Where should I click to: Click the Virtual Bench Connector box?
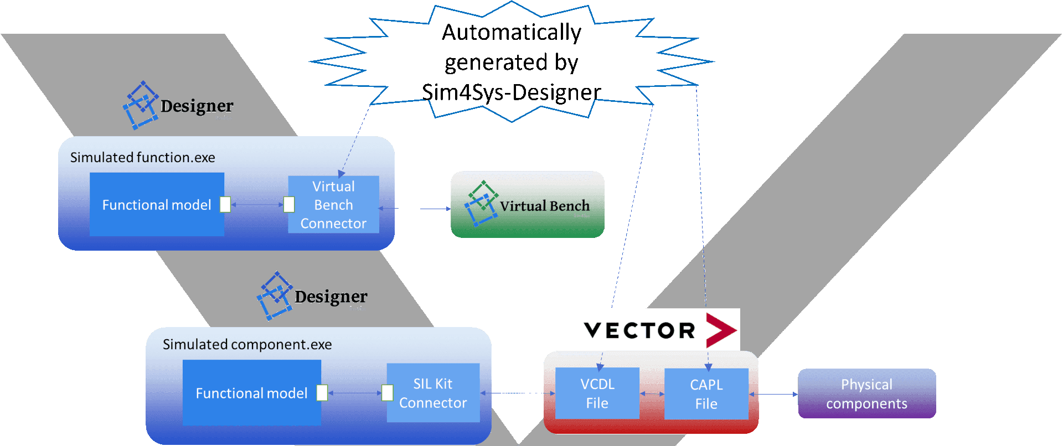pyautogui.click(x=334, y=205)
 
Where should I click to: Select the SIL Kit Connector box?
pyautogui.click(x=433, y=393)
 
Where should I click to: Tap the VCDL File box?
pyautogui.click(x=597, y=393)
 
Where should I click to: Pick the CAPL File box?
pyautogui.click(x=706, y=394)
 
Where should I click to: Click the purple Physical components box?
pyautogui.click(x=866, y=394)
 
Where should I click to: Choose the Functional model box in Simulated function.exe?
pyautogui.click(x=157, y=205)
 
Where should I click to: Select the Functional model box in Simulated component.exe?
pyautogui.click(x=251, y=393)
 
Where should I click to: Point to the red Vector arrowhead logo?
pyautogui.click(x=721, y=330)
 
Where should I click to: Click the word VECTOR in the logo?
pyautogui.click(x=639, y=330)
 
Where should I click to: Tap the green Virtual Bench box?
pyautogui.click(x=528, y=205)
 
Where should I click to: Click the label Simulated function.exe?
pyautogui.click(x=142, y=158)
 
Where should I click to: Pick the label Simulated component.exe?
pyautogui.click(x=247, y=345)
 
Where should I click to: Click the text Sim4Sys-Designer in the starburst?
pyautogui.click(x=511, y=92)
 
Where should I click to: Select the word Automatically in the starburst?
pyautogui.click(x=511, y=32)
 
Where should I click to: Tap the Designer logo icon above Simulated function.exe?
pyautogui.click(x=140, y=105)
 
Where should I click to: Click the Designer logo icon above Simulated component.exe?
pyautogui.click(x=275, y=295)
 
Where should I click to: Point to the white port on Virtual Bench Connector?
pyautogui.click(x=289, y=205)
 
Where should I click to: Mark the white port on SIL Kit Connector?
pyautogui.click(x=388, y=393)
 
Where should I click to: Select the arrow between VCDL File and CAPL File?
pyautogui.click(x=652, y=393)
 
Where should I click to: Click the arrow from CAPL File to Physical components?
pyautogui.click(x=773, y=394)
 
